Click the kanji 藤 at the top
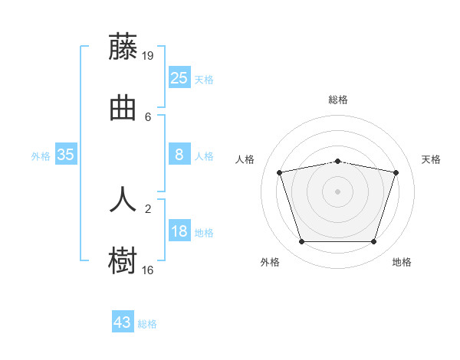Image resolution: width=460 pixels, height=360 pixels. [x=123, y=46]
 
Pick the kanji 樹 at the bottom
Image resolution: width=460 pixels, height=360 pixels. [x=123, y=260]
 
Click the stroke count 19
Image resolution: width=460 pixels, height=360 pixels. [x=147, y=56]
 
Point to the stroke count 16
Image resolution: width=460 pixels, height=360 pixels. [x=147, y=270]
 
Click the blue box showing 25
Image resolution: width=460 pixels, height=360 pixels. [x=179, y=77]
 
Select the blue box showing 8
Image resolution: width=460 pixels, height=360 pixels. [x=179, y=154]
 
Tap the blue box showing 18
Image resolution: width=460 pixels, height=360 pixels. [x=179, y=230]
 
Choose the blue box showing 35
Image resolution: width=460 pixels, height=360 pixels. [x=66, y=154]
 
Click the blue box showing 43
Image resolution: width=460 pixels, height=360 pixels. [x=123, y=321]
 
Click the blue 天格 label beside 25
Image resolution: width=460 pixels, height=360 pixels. [x=204, y=80]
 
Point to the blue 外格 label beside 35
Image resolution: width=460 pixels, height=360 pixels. [x=41, y=156]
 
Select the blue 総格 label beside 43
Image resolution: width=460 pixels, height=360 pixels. [x=147, y=324]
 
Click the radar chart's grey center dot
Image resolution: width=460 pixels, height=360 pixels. [x=337, y=191]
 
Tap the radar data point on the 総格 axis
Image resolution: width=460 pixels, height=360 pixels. [x=337, y=162]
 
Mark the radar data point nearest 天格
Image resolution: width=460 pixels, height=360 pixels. [x=396, y=172]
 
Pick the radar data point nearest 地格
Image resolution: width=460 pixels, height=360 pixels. [x=373, y=241]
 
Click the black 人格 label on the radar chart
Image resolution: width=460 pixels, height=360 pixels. [x=245, y=159]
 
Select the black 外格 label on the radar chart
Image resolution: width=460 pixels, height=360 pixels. [x=270, y=262]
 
